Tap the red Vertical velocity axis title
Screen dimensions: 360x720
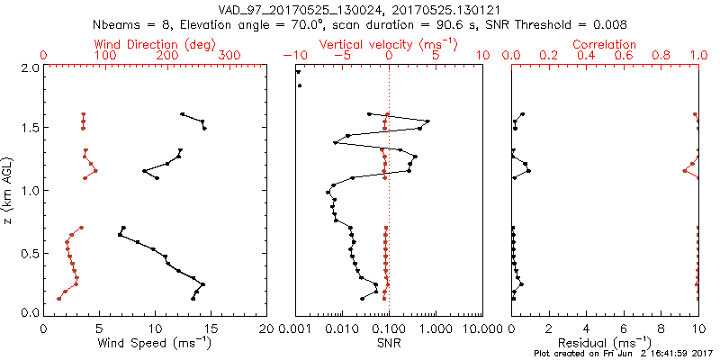pyautogui.click(x=389, y=44)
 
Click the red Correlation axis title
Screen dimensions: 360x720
pyautogui.click(x=605, y=44)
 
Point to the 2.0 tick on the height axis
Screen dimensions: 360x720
pyautogui.click(x=30, y=67)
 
